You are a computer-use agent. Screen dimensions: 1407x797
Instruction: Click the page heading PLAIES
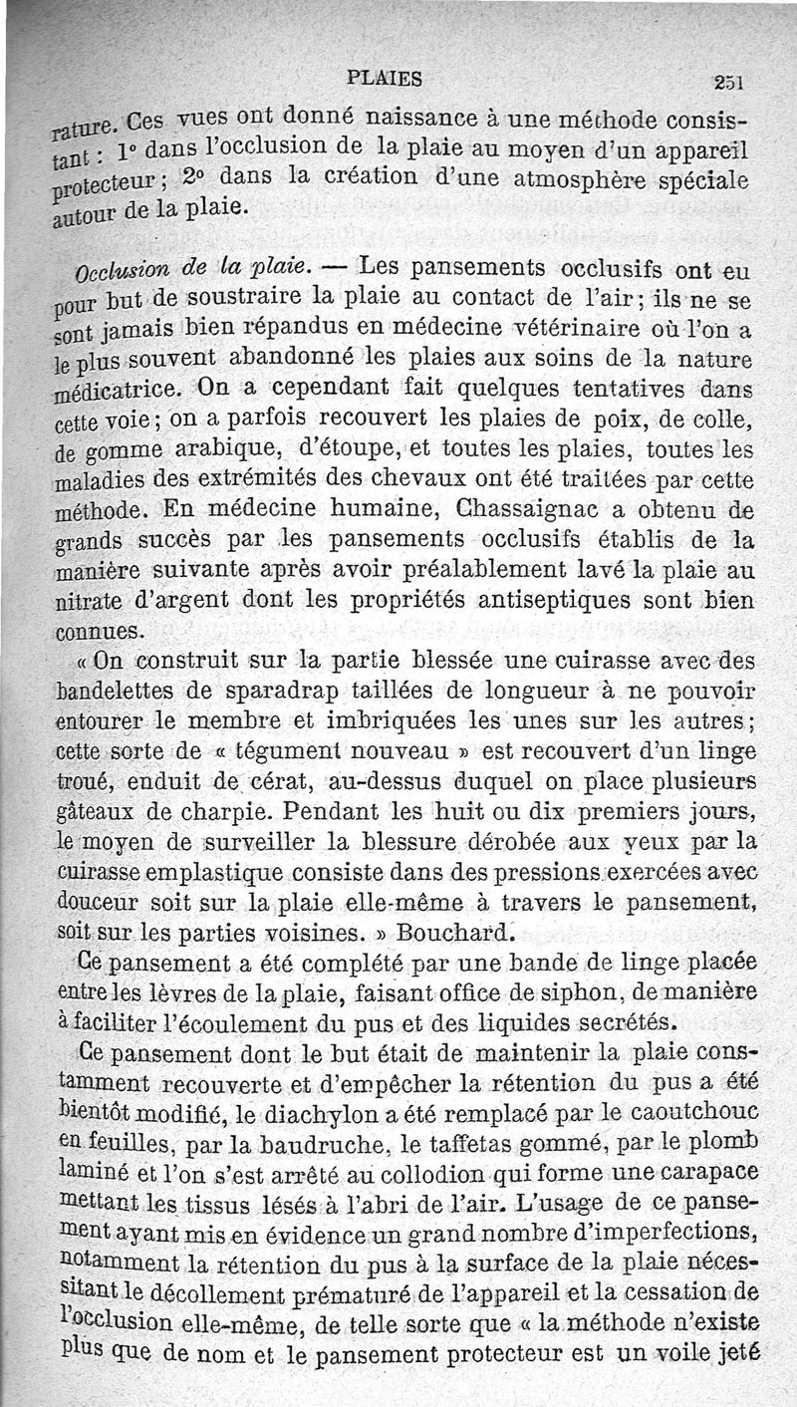coord(384,78)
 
